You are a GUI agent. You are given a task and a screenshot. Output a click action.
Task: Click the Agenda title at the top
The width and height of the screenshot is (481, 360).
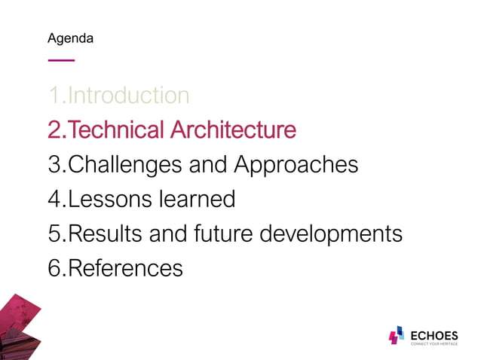(x=70, y=38)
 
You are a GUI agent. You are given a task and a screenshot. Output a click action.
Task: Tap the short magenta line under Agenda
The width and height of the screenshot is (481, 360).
(x=61, y=59)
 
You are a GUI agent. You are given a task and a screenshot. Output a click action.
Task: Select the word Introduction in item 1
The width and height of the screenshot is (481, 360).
(x=128, y=96)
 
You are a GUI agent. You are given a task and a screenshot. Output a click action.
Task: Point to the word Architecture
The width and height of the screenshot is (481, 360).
(x=233, y=130)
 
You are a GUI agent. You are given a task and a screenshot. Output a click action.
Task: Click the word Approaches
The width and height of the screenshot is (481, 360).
(x=296, y=166)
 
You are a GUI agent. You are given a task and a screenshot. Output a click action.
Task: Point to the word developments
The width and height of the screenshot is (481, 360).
(x=331, y=235)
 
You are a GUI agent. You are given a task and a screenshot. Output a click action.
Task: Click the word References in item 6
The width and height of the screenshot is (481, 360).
(x=125, y=268)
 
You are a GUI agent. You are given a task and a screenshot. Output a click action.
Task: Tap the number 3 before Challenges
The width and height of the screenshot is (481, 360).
(x=54, y=165)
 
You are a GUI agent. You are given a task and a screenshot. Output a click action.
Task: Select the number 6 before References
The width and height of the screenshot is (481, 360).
(x=54, y=268)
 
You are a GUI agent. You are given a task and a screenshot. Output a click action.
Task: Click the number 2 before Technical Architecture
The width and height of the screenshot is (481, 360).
(x=54, y=130)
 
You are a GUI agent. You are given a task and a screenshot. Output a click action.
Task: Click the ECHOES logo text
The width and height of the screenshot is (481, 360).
(x=434, y=334)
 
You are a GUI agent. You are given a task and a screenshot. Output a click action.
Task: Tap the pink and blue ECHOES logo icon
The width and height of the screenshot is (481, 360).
(x=396, y=336)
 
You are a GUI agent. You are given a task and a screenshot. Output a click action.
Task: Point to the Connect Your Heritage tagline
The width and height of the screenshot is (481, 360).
(x=434, y=344)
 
